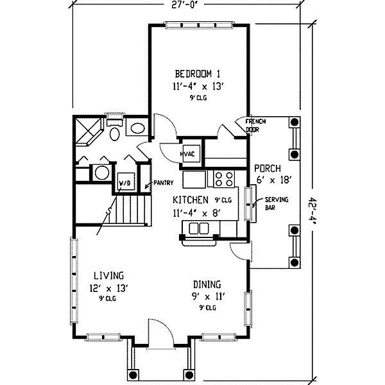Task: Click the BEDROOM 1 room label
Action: click(x=198, y=74)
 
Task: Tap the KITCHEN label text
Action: click(x=191, y=200)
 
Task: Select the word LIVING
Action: click(x=109, y=275)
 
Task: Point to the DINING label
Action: click(x=207, y=284)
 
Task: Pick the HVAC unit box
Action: click(x=191, y=153)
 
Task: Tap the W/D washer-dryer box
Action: click(x=126, y=182)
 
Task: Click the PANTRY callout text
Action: click(x=164, y=183)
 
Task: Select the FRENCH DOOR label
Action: click(x=255, y=126)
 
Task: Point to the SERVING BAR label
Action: click(x=277, y=203)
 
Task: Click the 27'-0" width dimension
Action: click(x=185, y=5)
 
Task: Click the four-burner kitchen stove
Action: click(x=224, y=179)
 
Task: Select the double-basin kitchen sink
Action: click(x=199, y=228)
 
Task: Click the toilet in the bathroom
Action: click(x=114, y=130)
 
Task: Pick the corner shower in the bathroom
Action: click(x=88, y=132)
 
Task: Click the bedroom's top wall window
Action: click(x=199, y=25)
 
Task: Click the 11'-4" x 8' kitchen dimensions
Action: click(x=196, y=212)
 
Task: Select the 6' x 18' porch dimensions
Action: click(x=274, y=180)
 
